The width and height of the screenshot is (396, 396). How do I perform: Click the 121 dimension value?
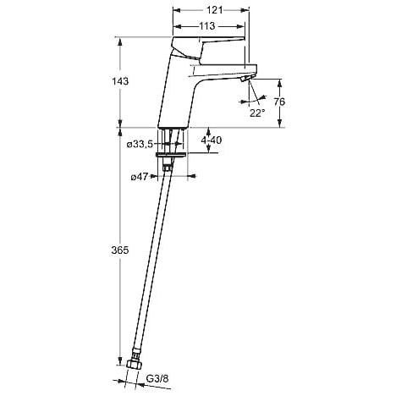click(x=215, y=10)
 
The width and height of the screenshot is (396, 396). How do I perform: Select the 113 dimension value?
click(x=207, y=26)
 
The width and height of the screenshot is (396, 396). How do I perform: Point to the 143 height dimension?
click(x=120, y=81)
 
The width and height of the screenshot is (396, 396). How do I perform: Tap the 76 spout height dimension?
click(x=279, y=102)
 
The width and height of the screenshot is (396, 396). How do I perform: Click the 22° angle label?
click(x=257, y=113)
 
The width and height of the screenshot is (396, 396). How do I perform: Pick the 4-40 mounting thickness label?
click(x=212, y=140)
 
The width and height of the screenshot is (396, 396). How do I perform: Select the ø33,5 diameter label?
click(x=140, y=145)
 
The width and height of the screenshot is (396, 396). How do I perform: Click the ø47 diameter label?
click(x=140, y=177)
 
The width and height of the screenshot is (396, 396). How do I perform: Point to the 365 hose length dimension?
click(x=120, y=250)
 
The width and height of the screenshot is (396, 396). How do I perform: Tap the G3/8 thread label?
click(x=157, y=379)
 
